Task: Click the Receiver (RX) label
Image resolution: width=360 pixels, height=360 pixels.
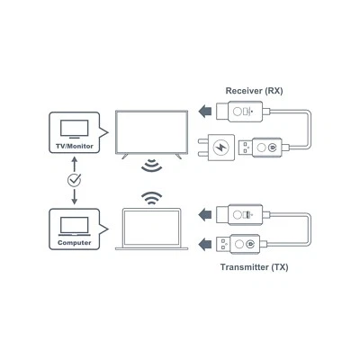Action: pyautogui.click(x=255, y=91)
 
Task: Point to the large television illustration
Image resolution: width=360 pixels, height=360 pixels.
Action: pyautogui.click(x=150, y=133)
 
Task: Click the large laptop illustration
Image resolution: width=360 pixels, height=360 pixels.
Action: pyautogui.click(x=150, y=229)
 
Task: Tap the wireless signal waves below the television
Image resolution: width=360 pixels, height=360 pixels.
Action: pyautogui.click(x=150, y=168)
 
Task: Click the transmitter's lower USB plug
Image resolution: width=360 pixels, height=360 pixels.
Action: pyautogui.click(x=247, y=241)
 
